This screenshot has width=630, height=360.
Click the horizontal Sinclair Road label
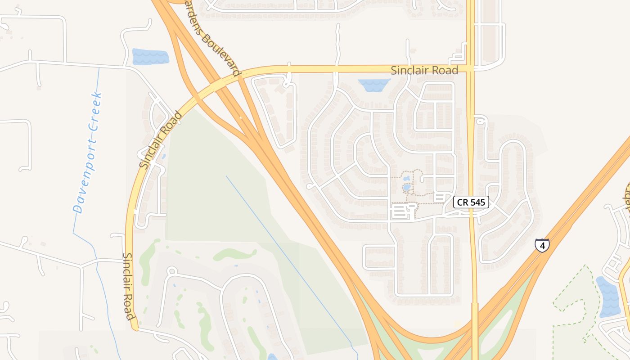click(x=424, y=70)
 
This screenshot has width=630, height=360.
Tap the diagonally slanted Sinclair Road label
click(x=161, y=140)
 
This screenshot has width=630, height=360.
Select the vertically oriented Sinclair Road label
click(x=129, y=286)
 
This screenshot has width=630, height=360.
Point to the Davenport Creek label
click(x=88, y=152)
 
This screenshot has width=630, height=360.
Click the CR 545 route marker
click(x=471, y=202)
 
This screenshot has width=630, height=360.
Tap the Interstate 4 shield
click(x=542, y=245)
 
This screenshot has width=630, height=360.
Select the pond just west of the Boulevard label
click(x=150, y=57)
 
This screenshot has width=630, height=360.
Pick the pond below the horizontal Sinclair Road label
click(x=374, y=85)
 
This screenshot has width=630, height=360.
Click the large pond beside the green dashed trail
click(x=608, y=297)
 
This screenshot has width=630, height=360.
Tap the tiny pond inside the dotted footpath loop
click(x=407, y=187)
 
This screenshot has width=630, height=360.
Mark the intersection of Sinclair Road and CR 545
click(x=471, y=68)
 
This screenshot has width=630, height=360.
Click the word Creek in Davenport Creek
click(x=95, y=112)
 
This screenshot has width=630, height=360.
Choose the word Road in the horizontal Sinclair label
click(x=445, y=70)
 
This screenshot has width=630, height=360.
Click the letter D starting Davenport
click(x=78, y=209)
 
